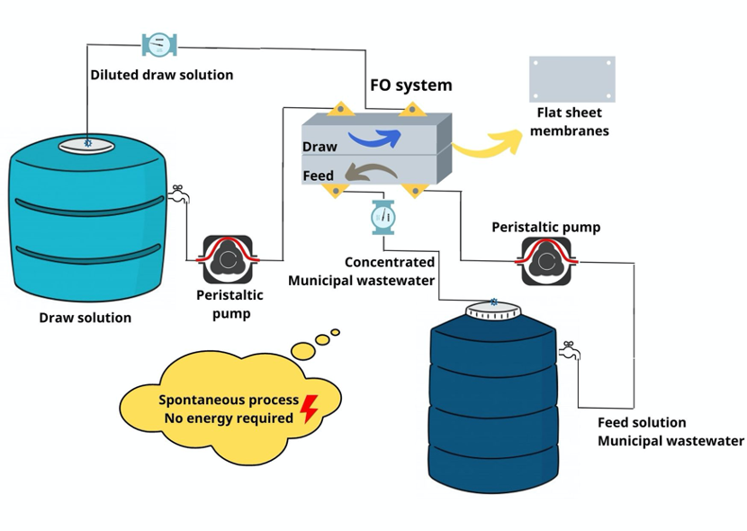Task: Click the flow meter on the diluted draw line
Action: tap(159, 43)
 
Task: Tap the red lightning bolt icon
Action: tap(309, 409)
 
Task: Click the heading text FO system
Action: tap(411, 85)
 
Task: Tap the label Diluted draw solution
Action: tap(161, 75)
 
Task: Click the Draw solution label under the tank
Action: tap(85, 318)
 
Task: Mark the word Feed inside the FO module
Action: tap(319, 175)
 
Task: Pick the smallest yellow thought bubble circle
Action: tap(336, 332)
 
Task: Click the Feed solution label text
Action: tap(642, 422)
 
